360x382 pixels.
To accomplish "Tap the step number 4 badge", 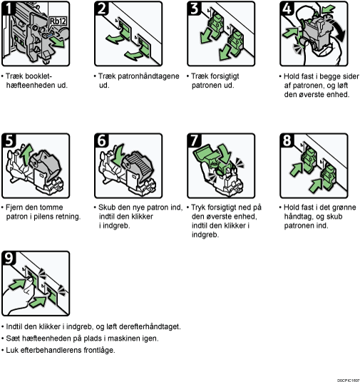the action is pyautogui.click(x=287, y=8).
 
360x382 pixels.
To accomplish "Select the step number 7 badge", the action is pyautogui.click(x=194, y=140).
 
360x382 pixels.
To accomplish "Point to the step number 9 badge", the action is pyautogui.click(x=9, y=258).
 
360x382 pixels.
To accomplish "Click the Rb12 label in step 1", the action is pyautogui.click(x=58, y=21).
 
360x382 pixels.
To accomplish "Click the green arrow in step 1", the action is pyautogui.click(x=58, y=42).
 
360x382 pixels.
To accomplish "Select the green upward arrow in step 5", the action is pyautogui.click(x=26, y=152).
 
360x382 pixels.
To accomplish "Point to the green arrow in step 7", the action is pyautogui.click(x=225, y=153).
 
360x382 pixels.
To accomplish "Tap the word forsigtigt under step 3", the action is pyautogui.click(x=223, y=76).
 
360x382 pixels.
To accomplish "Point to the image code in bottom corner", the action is pyautogui.click(x=348, y=381).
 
